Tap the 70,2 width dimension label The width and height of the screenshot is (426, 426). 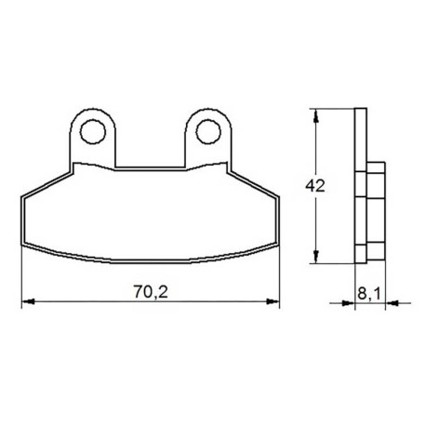151,291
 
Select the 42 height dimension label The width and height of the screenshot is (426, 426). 315,186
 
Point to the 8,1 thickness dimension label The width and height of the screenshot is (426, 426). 369,293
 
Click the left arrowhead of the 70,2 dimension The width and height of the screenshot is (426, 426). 28,301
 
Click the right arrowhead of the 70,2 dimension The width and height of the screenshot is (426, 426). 273,301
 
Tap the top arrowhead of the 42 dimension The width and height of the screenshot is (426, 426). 315,115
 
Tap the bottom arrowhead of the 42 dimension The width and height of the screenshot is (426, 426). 315,257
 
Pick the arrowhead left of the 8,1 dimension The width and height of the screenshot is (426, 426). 348,303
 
